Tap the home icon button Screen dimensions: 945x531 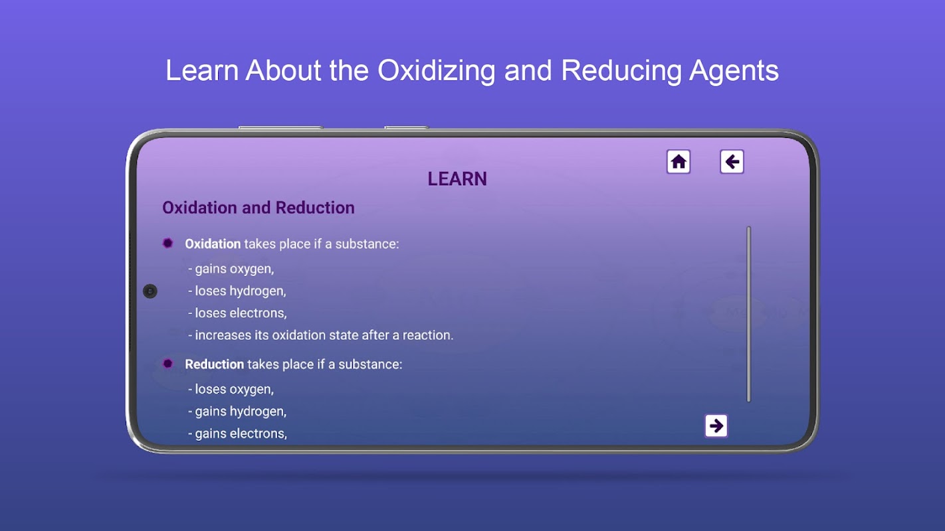point(679,161)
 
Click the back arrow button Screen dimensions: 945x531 point(732,161)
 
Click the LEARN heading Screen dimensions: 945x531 point(457,179)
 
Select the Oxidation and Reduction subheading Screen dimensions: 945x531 point(259,208)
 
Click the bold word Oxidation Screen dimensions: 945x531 point(213,244)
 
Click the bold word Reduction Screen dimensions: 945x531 point(214,364)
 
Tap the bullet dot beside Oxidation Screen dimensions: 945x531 point(168,243)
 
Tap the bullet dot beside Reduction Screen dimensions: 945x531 point(168,364)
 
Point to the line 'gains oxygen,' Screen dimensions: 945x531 point(231,269)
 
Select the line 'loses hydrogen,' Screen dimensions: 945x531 point(237,291)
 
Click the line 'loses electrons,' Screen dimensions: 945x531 point(237,313)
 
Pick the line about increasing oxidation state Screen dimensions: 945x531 point(320,335)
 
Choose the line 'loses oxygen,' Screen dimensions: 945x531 point(231,390)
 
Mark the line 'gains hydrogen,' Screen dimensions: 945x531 point(237,412)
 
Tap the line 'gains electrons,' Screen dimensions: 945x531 point(237,433)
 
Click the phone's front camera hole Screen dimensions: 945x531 point(150,291)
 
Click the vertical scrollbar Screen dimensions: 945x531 point(749,315)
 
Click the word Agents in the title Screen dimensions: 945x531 point(734,71)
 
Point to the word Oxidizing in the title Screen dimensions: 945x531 point(436,71)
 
